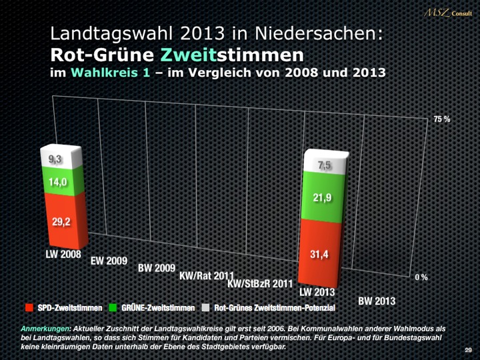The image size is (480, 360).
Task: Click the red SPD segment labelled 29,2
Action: (x=62, y=221)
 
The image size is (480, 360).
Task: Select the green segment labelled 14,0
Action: (x=61, y=182)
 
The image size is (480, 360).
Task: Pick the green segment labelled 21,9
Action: (x=323, y=198)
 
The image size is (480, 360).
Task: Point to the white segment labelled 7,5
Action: (x=325, y=165)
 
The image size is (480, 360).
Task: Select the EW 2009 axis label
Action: (x=109, y=261)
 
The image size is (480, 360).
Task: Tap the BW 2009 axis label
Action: (x=157, y=268)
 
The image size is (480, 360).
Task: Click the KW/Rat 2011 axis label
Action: (x=207, y=275)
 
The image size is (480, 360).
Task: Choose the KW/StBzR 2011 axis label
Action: (x=260, y=284)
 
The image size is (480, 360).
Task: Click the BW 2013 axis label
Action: (x=377, y=301)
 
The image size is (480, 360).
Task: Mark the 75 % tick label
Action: (x=441, y=119)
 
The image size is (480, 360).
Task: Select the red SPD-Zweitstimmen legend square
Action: (x=29, y=308)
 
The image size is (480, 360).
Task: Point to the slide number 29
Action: (x=468, y=351)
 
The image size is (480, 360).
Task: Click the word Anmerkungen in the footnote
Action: (x=46, y=329)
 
